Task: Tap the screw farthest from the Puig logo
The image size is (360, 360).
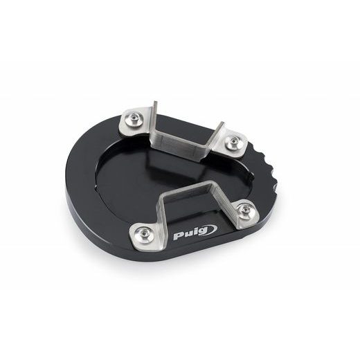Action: [x=134, y=118]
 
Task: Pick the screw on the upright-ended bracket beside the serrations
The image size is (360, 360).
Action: [x=233, y=140]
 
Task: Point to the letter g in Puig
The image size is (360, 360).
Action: [x=203, y=231]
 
